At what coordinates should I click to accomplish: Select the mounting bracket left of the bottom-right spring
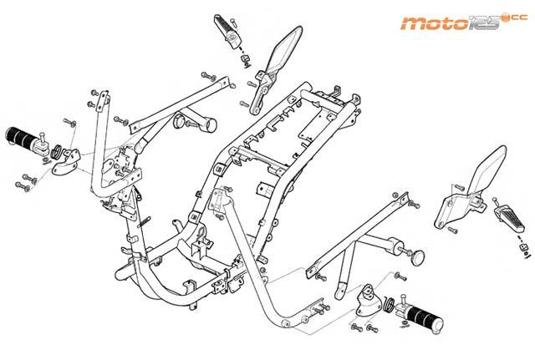pyautogui.click(x=364, y=302)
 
